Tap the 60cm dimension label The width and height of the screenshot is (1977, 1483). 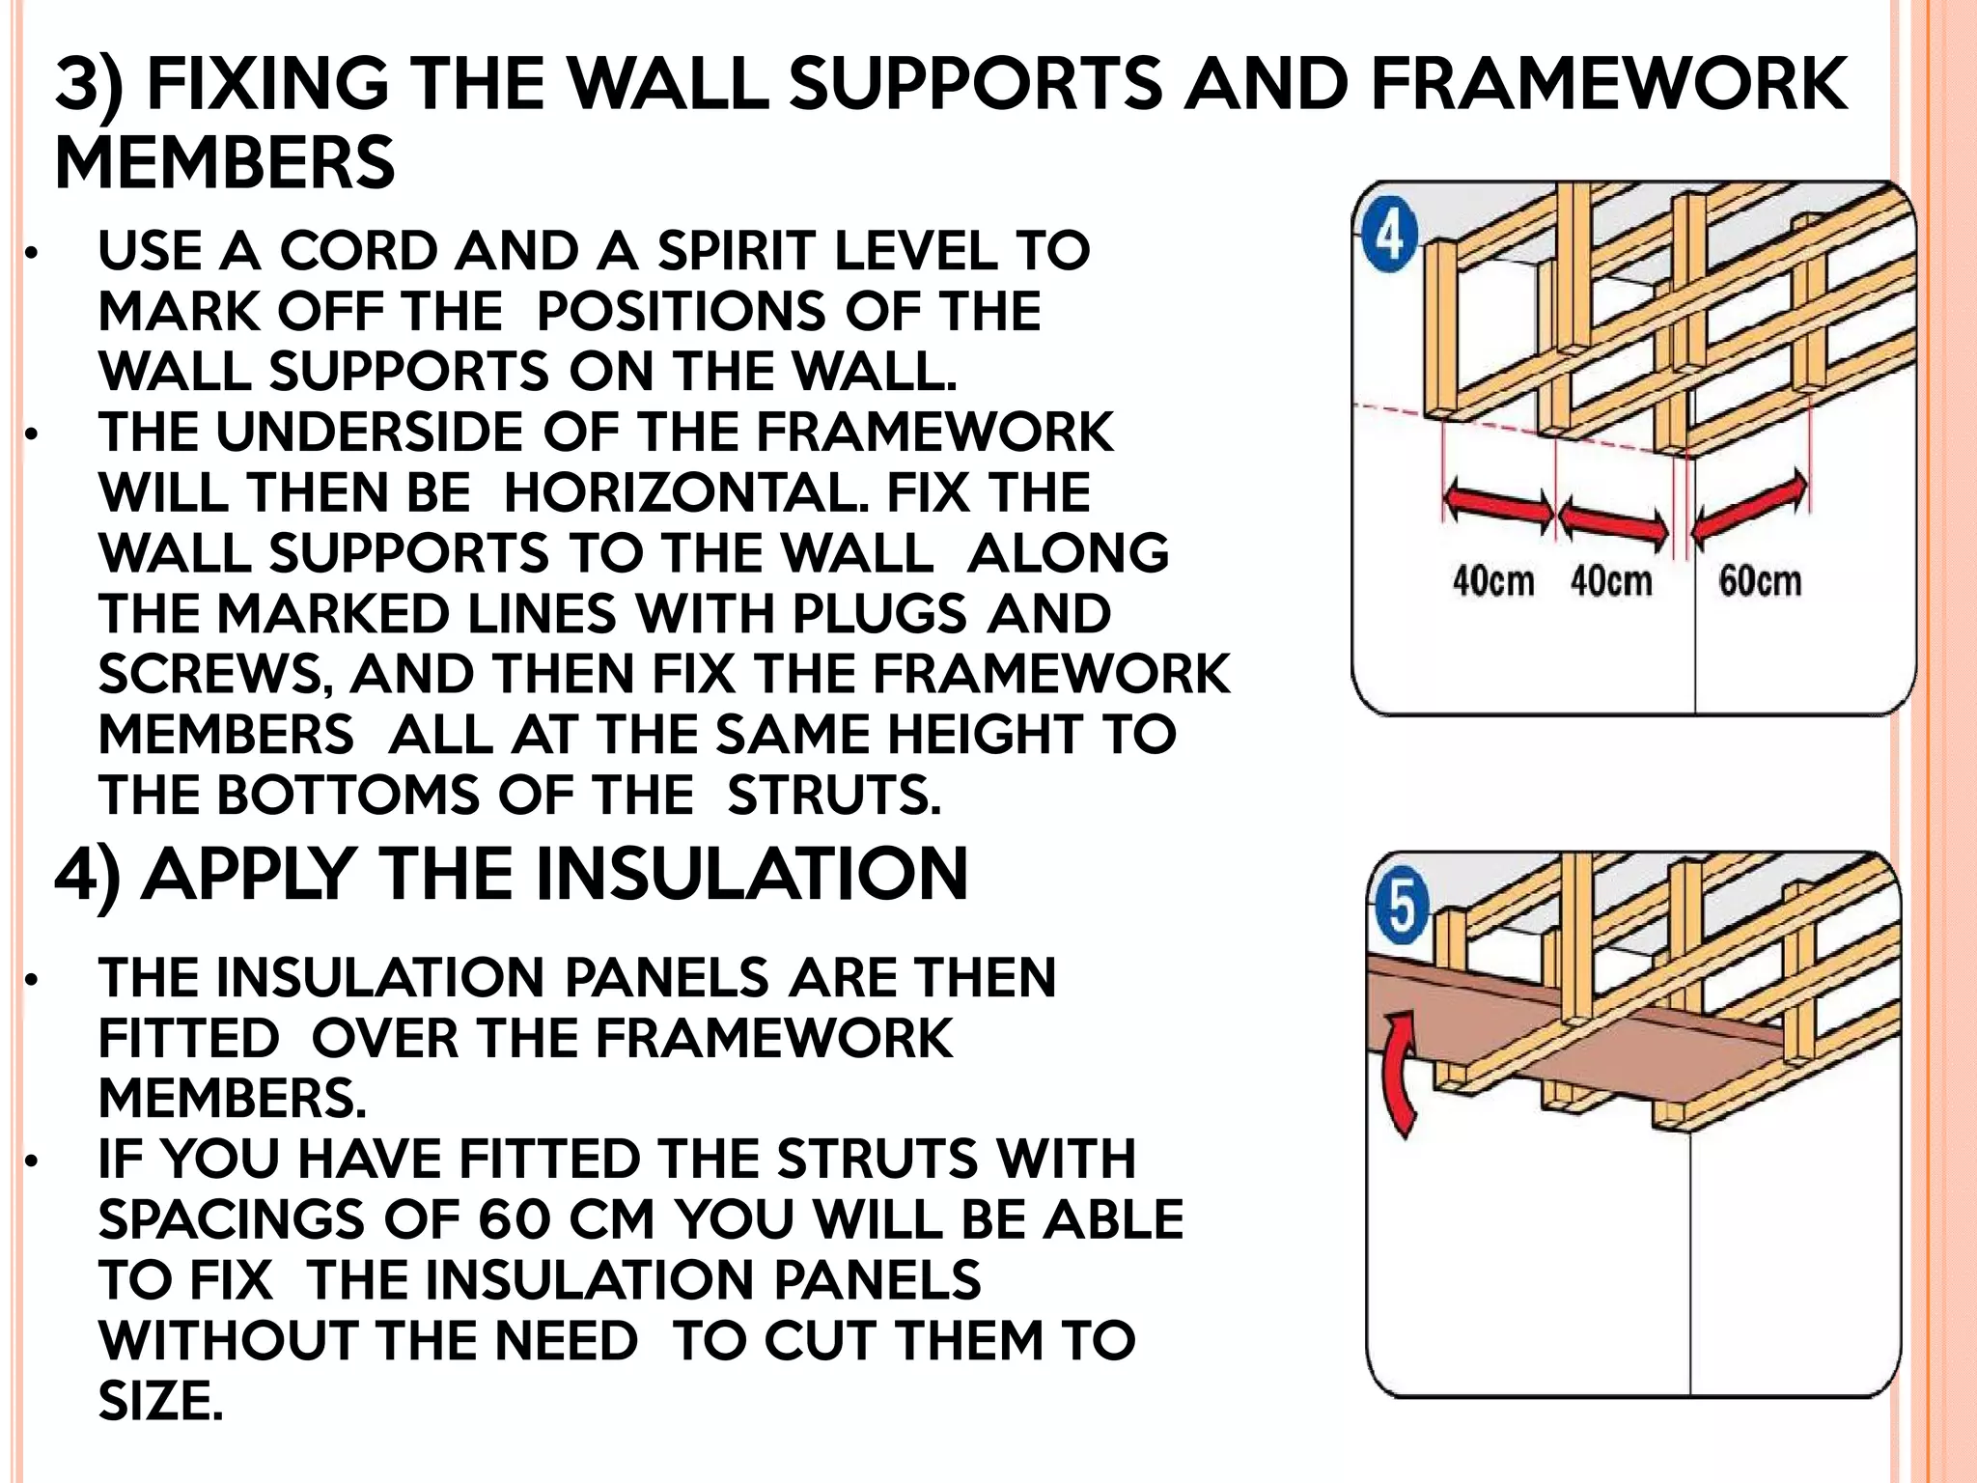pos(1760,581)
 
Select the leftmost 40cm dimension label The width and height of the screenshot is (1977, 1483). pos(1493,581)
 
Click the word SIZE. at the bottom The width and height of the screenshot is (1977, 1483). pos(160,1400)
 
